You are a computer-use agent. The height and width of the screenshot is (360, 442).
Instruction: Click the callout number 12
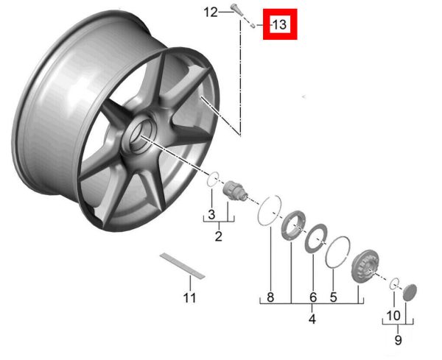(x=211, y=13)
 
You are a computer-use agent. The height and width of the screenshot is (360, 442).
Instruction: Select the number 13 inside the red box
(x=280, y=24)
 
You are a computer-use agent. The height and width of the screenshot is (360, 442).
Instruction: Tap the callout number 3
(x=211, y=214)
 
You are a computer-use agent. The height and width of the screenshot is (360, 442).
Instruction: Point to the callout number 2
(x=219, y=236)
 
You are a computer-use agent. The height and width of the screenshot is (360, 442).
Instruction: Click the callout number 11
(x=189, y=297)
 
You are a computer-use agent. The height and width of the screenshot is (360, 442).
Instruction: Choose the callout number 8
(x=270, y=297)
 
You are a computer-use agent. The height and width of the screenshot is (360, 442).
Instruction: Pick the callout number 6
(x=313, y=297)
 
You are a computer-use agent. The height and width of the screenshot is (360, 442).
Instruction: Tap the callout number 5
(x=333, y=297)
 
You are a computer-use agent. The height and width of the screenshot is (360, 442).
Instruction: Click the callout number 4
(x=312, y=319)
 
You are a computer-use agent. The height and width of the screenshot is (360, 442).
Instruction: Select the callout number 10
(x=393, y=316)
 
